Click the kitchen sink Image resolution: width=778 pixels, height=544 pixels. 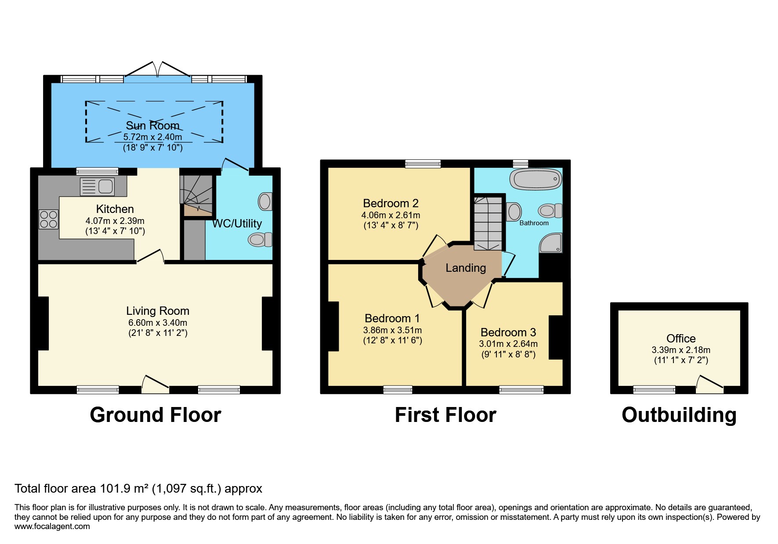click(x=97, y=187)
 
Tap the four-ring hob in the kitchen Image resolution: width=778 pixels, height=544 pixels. click(x=48, y=220)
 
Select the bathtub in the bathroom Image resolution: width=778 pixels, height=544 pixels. click(x=536, y=180)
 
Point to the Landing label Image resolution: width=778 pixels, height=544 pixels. click(x=466, y=268)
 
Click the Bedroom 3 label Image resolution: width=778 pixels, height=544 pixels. click(x=508, y=332)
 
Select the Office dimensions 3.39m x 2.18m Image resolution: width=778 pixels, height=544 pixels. click(x=680, y=350)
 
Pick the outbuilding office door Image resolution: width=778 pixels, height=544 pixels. click(x=709, y=384)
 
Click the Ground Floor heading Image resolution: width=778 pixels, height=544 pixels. click(x=155, y=415)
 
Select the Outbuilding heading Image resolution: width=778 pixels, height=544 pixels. click(x=679, y=415)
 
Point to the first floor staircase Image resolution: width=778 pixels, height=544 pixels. click(x=488, y=223)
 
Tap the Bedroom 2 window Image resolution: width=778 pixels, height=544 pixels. click(x=423, y=164)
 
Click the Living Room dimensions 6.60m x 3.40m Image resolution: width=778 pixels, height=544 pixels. click(x=158, y=323)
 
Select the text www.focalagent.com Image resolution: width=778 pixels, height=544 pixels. click(x=52, y=526)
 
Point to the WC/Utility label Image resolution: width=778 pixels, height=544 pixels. click(x=237, y=223)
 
